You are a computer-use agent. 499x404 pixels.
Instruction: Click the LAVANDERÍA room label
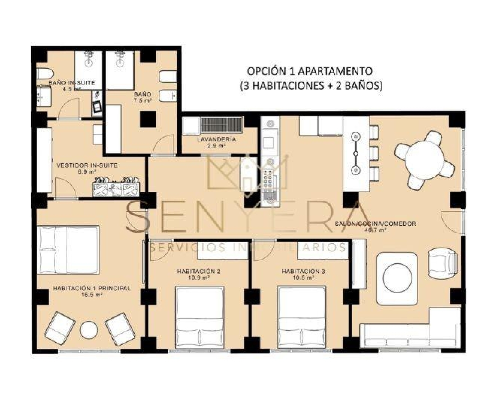pos(216,139)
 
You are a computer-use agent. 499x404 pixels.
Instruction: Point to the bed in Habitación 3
pos(301,317)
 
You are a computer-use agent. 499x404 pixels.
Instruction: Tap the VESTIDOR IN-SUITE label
pos(87,165)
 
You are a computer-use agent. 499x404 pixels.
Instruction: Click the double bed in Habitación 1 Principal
pos(69,250)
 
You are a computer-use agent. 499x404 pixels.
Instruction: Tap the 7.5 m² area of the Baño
pos(143,100)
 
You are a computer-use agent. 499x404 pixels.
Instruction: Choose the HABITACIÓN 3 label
pos(303,271)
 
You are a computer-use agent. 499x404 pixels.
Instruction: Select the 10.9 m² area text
pos(199,278)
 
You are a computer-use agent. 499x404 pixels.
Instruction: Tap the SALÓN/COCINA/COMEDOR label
pos(375,224)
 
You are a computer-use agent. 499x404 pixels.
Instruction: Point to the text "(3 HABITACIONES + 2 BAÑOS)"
pos(311,86)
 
